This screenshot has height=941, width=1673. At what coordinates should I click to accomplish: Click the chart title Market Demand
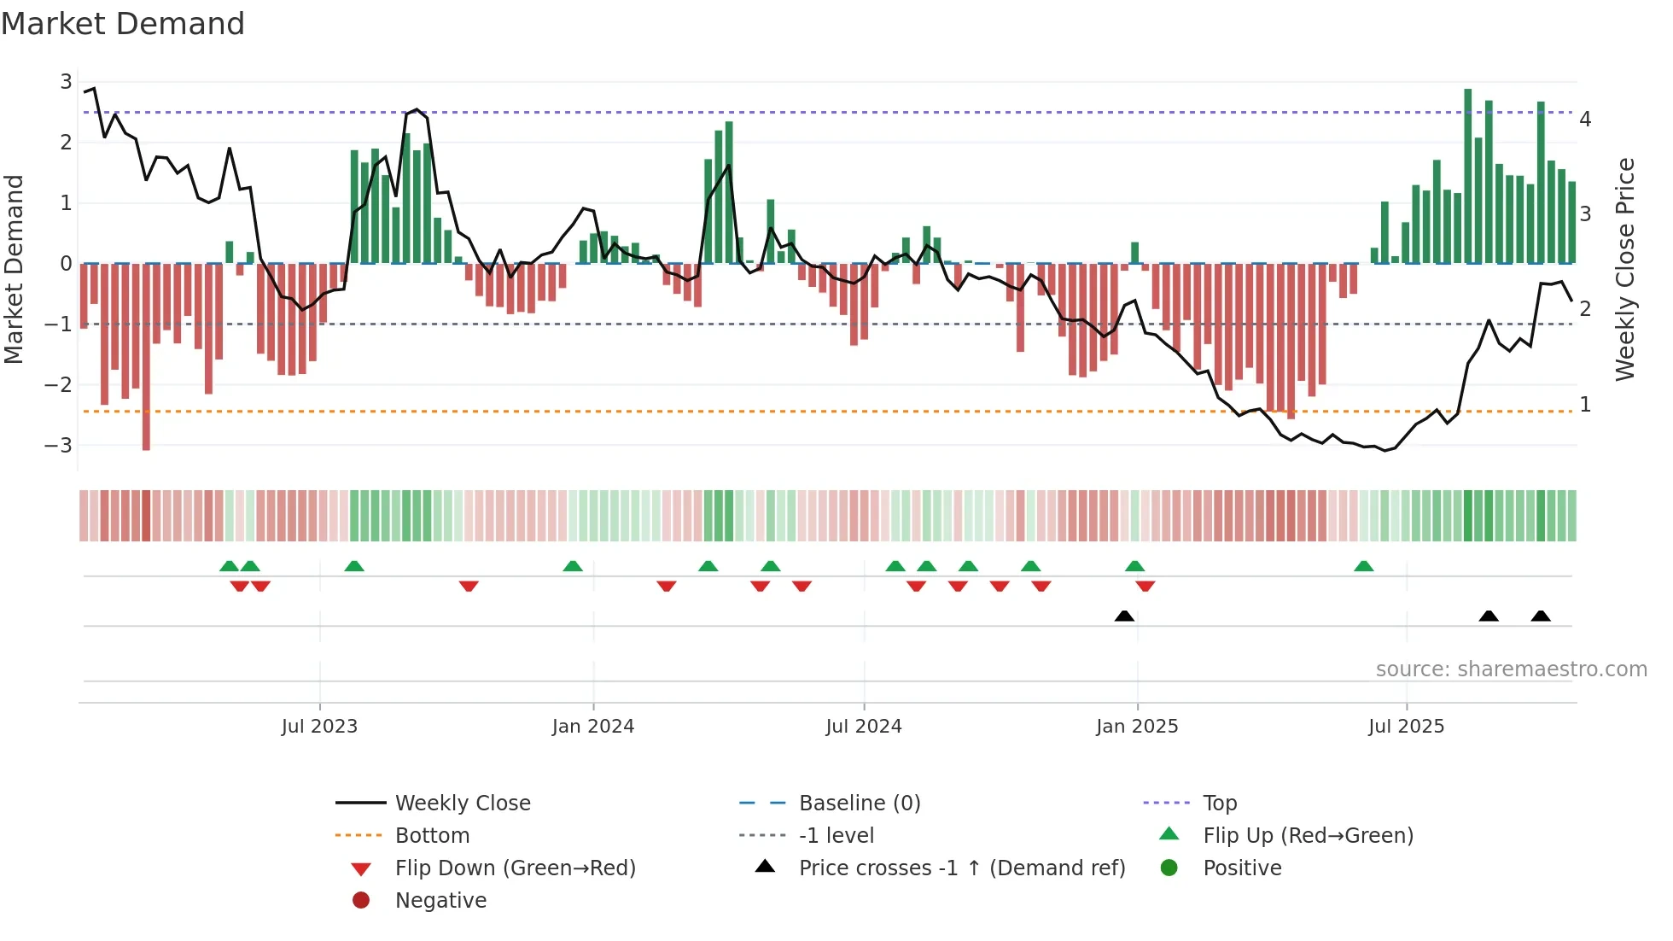pos(123,24)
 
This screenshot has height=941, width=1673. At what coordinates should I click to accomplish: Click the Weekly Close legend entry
pos(462,803)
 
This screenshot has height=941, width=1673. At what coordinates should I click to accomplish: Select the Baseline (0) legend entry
pos(859,803)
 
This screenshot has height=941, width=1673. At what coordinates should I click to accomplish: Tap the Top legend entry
pos(1219,803)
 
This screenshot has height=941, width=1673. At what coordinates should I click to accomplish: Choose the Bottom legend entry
pos(432,835)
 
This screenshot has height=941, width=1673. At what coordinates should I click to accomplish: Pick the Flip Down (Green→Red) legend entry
pos(515,868)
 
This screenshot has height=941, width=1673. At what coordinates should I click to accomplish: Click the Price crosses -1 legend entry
pos(961,868)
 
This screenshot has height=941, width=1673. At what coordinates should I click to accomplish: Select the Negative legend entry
pos(440,900)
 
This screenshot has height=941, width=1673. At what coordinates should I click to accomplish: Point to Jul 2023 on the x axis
pos(319,726)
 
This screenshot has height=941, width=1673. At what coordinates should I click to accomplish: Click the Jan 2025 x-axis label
pos(1136,726)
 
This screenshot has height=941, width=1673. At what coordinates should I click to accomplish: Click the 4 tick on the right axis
pos(1585,119)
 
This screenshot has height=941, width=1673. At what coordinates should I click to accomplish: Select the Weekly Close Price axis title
pos(1624,269)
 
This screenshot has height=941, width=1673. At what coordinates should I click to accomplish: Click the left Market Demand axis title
pos(15,269)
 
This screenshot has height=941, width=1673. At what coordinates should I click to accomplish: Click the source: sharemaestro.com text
pos(1511,669)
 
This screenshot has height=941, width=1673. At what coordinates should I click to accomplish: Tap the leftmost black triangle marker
pos(1124,616)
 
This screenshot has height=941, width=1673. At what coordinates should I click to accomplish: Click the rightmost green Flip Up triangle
pos(1363,566)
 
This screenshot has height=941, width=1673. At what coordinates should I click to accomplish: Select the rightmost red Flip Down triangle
pos(1145,586)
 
